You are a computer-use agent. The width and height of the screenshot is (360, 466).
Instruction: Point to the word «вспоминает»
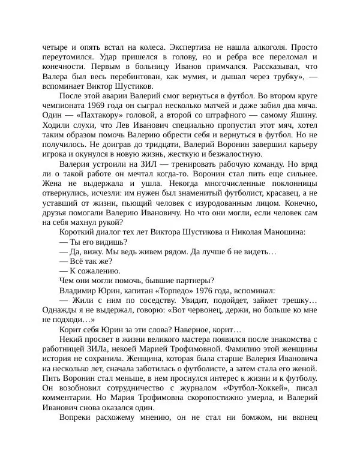(66, 86)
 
